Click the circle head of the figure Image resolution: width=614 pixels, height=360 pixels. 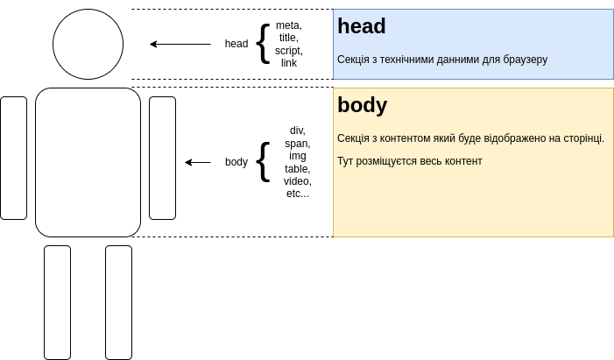tap(88, 44)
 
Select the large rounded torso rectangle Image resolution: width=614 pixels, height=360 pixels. tap(88, 162)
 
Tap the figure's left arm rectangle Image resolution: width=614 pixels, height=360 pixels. tap(13, 158)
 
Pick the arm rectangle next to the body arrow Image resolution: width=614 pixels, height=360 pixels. tap(162, 158)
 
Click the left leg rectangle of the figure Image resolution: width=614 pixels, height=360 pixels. tap(57, 302)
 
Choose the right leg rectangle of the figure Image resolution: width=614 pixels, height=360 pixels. tap(118, 302)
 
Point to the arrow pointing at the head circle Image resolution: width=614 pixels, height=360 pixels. tap(180, 44)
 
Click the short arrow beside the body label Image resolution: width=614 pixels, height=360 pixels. tap(198, 162)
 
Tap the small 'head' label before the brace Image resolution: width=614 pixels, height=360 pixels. tap(236, 44)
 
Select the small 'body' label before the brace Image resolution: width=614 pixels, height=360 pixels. tap(236, 162)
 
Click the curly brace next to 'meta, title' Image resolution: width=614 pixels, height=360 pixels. tap(263, 43)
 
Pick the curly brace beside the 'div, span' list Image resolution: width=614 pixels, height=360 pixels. tap(263, 161)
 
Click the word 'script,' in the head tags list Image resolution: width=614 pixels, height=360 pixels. tap(289, 51)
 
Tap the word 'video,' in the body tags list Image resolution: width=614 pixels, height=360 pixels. tap(298, 181)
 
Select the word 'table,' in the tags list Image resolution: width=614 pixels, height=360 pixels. tap(298, 168)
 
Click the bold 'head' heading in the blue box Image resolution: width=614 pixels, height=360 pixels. tap(362, 26)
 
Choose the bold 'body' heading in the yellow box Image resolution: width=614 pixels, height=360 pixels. tap(363, 105)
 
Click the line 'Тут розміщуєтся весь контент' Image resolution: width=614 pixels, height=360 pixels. tap(410, 161)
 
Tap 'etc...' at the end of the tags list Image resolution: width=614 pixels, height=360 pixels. tap(298, 194)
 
